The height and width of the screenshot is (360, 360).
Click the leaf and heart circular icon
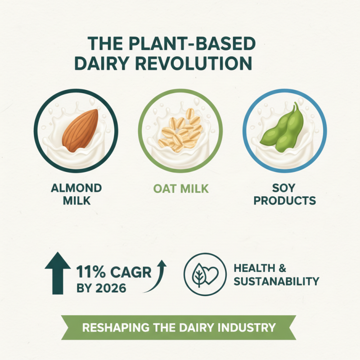pyautogui.click(x=205, y=275)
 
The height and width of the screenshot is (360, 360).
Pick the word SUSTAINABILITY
pyautogui.click(x=276, y=282)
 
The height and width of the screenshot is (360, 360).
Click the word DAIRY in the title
pyautogui.click(x=101, y=63)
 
